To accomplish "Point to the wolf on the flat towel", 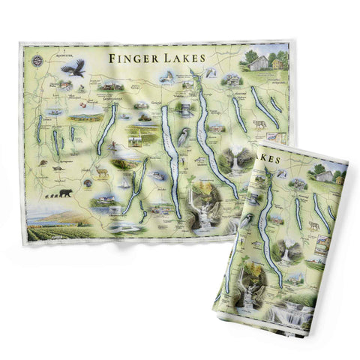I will tap(259, 123).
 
